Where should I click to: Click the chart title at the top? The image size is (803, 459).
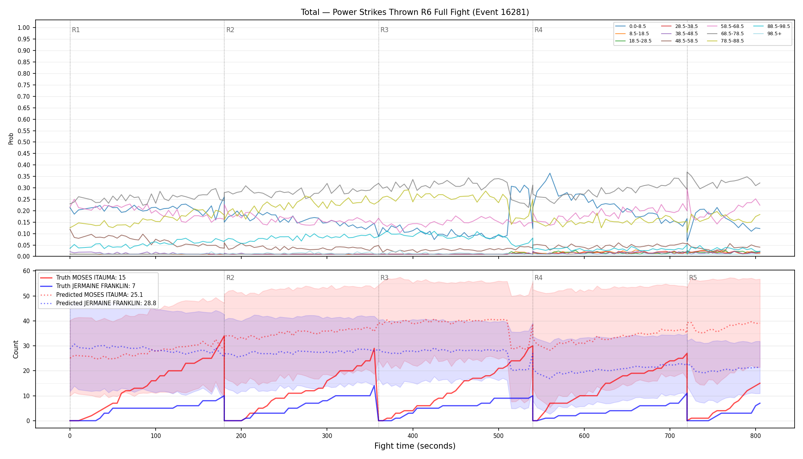[415, 12]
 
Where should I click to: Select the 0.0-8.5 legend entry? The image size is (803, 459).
[631, 26]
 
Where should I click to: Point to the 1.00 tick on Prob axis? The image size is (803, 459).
[24, 28]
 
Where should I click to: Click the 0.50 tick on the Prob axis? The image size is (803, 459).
[24, 142]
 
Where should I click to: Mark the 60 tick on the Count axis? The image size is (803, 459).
[26, 271]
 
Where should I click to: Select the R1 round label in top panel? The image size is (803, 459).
[76, 30]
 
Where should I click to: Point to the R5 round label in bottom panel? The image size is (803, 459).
[693, 278]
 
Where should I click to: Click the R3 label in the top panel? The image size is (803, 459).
[384, 30]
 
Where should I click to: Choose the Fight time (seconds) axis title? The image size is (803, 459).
[415, 446]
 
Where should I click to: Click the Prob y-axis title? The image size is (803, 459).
[11, 138]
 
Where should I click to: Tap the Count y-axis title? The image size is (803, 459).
[16, 349]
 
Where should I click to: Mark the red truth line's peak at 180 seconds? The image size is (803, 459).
[224, 336]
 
